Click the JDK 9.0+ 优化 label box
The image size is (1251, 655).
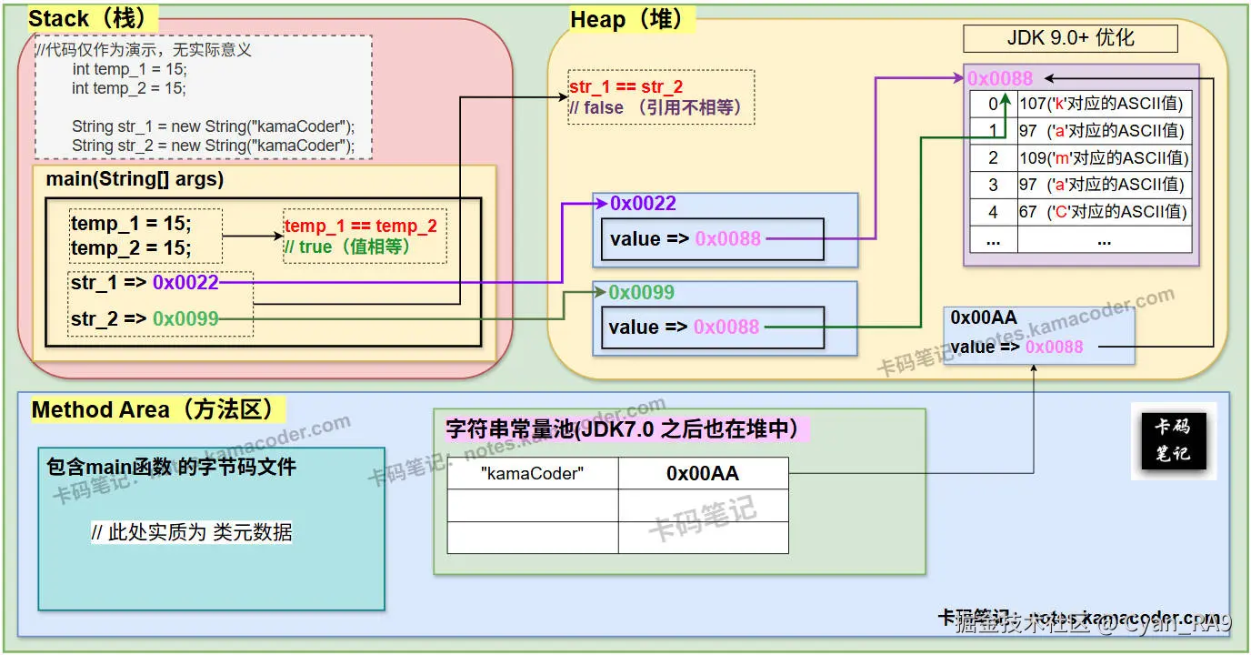point(1070,38)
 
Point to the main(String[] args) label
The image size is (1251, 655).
point(135,179)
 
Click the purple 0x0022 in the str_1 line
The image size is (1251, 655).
point(185,283)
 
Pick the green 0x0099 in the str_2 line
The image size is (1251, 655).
point(185,319)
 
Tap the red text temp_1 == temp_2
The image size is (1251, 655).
point(360,227)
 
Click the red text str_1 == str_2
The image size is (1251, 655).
point(625,87)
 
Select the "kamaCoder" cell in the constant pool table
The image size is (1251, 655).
point(532,473)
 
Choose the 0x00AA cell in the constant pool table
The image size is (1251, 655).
point(702,473)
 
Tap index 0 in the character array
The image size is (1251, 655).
point(993,104)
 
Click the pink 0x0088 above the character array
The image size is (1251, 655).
point(999,78)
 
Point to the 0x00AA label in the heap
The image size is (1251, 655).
point(983,317)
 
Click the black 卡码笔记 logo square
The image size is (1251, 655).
point(1172,440)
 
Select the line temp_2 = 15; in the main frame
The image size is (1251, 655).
point(132,248)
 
